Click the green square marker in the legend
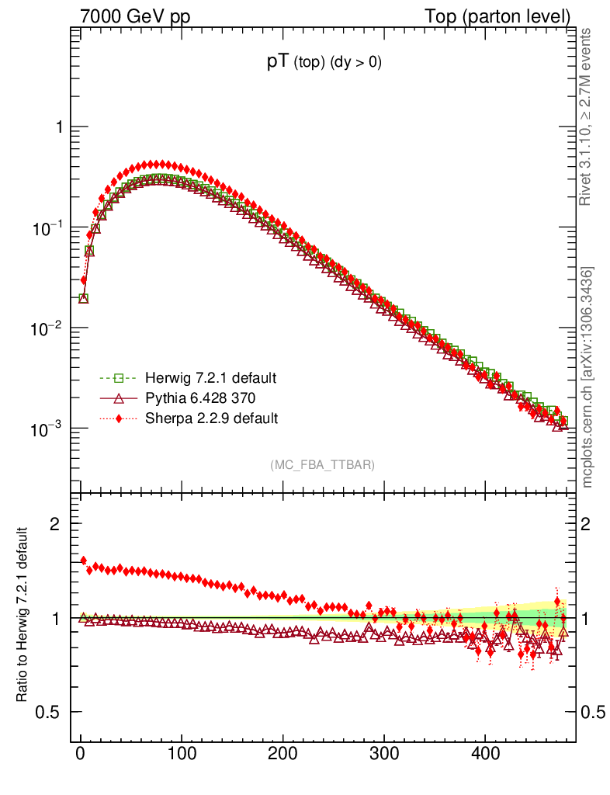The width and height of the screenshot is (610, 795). [x=119, y=378]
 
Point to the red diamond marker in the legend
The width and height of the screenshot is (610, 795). [x=119, y=418]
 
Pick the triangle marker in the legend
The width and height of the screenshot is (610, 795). [x=119, y=398]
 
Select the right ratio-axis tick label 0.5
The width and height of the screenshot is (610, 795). [x=594, y=713]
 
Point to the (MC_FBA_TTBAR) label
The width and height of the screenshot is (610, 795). [x=322, y=465]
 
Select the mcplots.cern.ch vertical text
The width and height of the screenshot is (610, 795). [x=588, y=377]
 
